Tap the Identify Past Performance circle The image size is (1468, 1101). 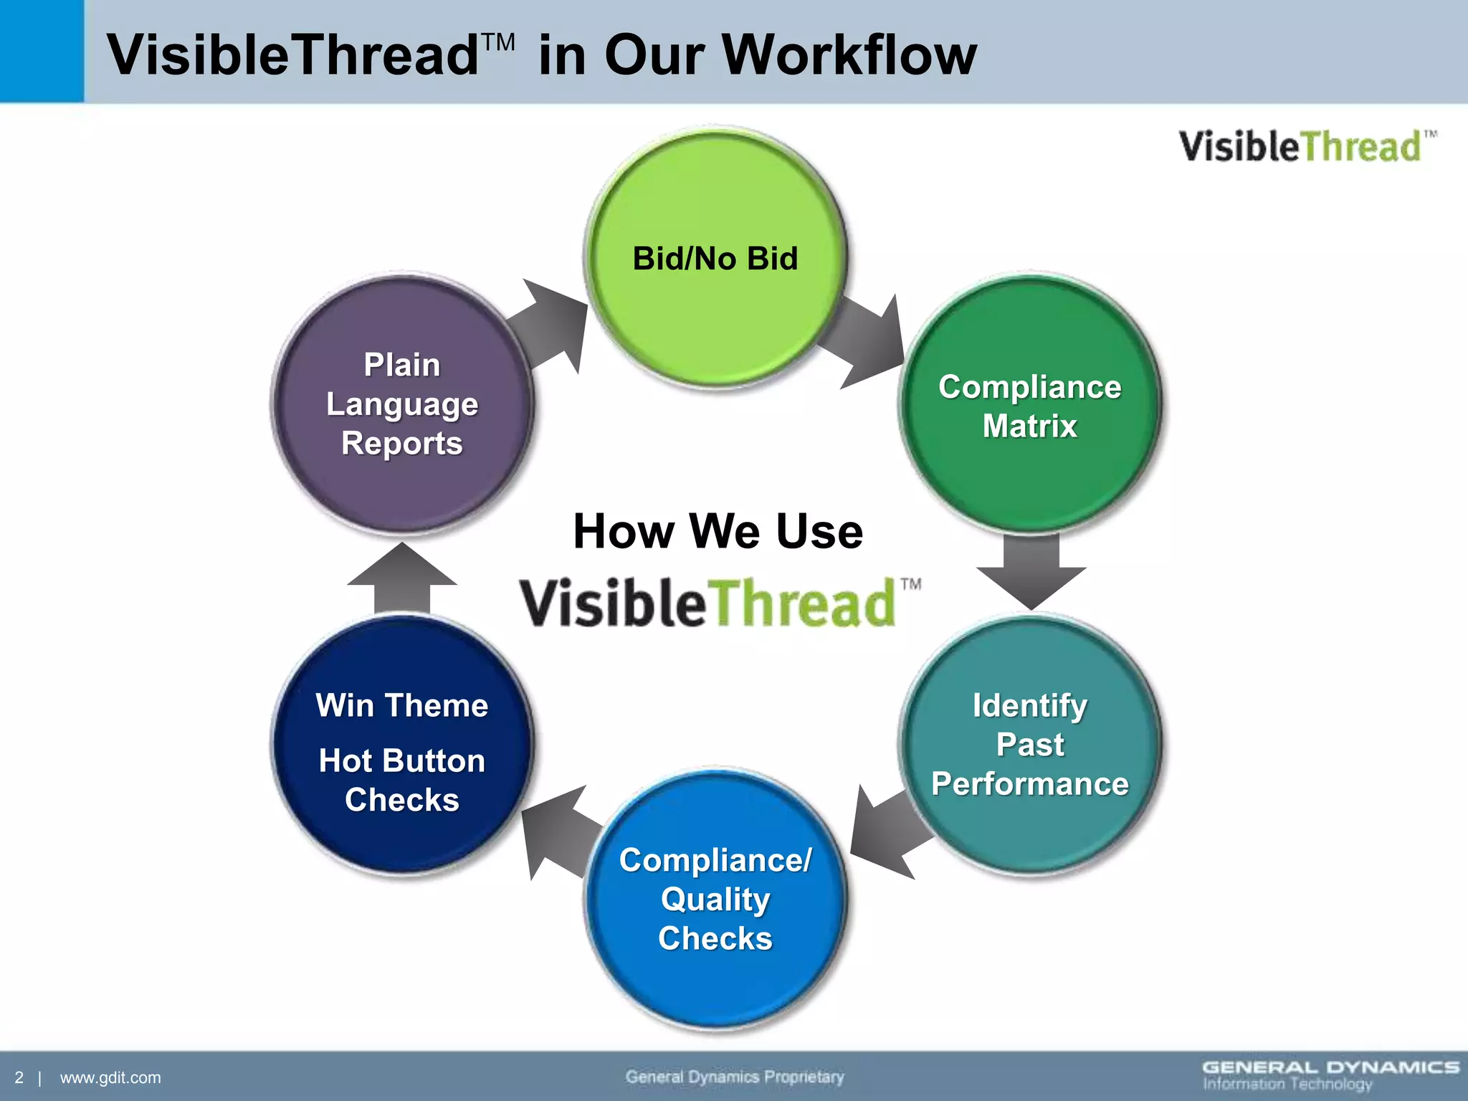1030,745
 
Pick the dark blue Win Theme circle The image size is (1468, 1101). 402,745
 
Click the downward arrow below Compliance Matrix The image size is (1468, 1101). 1031,571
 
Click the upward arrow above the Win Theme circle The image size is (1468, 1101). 402,578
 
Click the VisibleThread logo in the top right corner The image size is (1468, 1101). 1306,146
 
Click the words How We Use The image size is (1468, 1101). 718,531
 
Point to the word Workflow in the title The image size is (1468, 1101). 849,54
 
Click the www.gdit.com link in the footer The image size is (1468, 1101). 110,1077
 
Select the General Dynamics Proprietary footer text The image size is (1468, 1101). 735,1077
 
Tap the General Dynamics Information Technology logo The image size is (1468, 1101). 1330,1076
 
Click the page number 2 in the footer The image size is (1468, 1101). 19,1077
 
